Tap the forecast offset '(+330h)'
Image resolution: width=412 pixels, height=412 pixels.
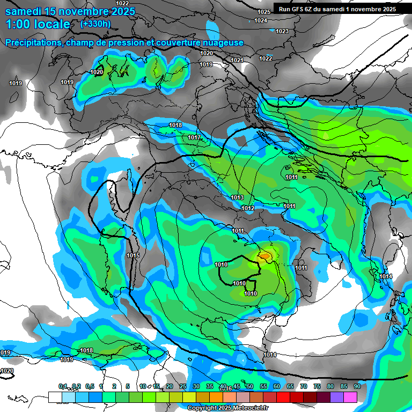[x=95, y=24]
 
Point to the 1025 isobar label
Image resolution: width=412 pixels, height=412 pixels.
[x=264, y=12]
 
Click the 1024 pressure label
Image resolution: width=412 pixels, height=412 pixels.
[x=261, y=20]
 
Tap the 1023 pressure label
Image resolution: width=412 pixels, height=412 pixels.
[x=282, y=31]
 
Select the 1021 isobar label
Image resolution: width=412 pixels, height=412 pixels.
[x=237, y=60]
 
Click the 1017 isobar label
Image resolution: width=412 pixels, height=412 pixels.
[x=194, y=138]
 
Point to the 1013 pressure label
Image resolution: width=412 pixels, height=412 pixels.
[x=237, y=198]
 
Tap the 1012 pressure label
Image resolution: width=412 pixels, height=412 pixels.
[x=248, y=208]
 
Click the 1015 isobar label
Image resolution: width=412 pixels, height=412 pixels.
[x=133, y=256]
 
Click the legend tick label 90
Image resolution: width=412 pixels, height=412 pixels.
[x=357, y=386]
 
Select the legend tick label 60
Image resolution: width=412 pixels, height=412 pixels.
[x=276, y=386]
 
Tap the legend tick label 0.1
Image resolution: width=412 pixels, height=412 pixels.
[x=63, y=386]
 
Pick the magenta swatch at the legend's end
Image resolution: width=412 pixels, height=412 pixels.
[x=350, y=397]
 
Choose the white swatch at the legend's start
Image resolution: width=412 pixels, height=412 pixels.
[x=55, y=397]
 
